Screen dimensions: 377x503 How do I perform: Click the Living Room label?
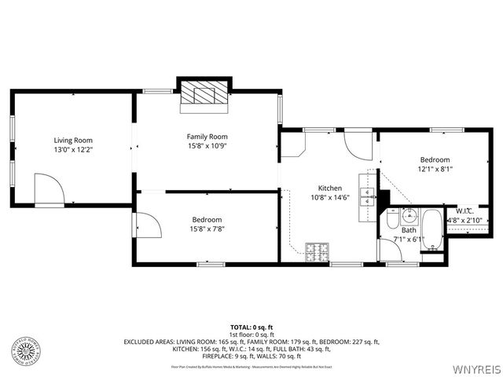tap(73, 140)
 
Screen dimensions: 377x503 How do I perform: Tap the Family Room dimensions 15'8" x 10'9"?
tap(207, 146)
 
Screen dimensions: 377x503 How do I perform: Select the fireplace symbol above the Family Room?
tap(204, 93)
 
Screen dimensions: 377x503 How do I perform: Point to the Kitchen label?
tap(329, 188)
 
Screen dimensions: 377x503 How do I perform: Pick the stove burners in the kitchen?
tap(318, 251)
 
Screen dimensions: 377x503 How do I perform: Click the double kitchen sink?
tap(367, 196)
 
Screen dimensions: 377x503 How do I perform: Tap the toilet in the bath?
tap(392, 221)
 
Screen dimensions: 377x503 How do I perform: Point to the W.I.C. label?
tap(464, 210)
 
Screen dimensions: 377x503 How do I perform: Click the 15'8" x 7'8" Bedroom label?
tap(207, 219)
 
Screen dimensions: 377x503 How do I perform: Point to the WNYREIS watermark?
tap(474, 368)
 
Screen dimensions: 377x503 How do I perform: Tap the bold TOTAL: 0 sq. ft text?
tap(251, 326)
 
